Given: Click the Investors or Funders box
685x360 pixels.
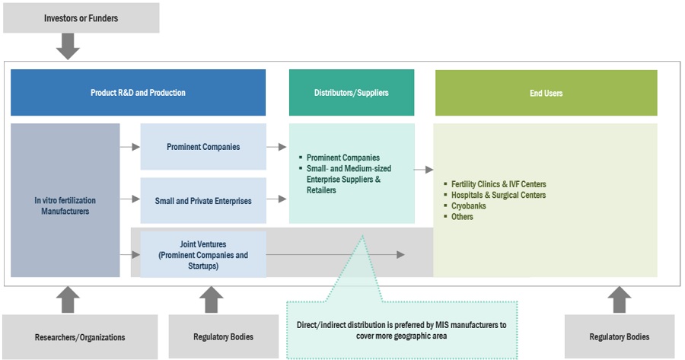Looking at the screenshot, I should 81,18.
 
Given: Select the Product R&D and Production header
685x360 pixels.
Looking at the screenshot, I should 138,93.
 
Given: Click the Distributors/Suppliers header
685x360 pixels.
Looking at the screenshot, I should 351,93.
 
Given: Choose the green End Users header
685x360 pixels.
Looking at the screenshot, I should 546,93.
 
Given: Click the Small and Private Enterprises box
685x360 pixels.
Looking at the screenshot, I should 203,200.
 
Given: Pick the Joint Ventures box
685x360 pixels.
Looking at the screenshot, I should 203,255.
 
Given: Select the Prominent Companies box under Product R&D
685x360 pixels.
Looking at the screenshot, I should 203,146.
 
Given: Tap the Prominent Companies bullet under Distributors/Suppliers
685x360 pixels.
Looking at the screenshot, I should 342,158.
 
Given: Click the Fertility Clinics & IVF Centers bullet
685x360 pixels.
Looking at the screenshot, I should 499,184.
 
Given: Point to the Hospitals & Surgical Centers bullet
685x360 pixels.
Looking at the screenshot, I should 499,195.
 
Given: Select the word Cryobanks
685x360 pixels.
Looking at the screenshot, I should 468,205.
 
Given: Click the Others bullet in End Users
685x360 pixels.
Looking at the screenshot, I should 462,217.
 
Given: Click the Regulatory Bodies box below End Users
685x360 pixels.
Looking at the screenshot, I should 620,336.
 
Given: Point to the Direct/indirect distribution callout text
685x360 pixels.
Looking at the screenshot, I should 402,330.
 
